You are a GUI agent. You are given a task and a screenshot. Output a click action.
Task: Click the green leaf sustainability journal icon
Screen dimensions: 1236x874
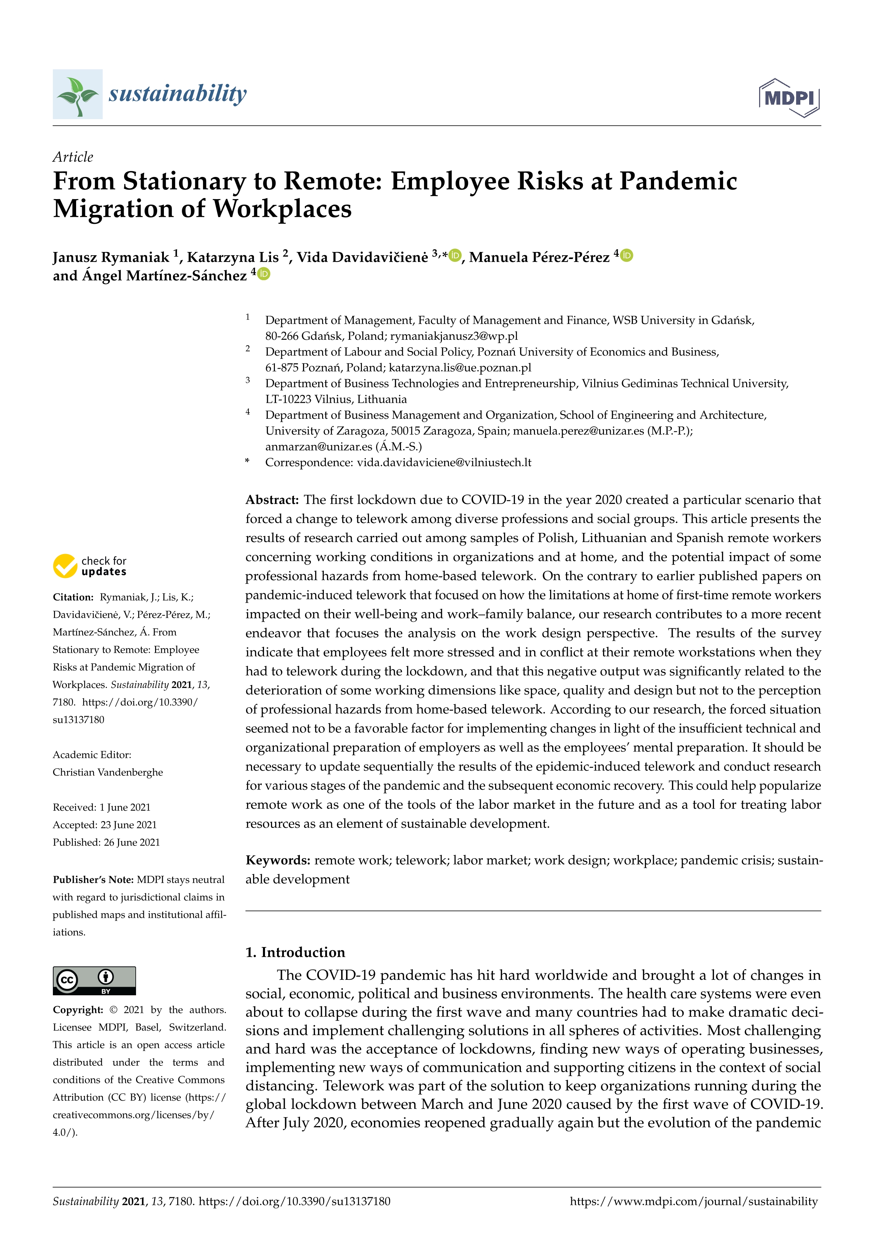click(x=78, y=94)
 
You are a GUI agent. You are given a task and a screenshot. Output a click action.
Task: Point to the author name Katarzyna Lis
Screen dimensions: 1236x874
click(x=233, y=257)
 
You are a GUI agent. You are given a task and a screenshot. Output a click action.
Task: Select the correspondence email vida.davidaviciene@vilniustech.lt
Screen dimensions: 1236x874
click(x=444, y=462)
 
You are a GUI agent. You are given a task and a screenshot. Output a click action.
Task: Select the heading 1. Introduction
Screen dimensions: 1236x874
click(x=295, y=952)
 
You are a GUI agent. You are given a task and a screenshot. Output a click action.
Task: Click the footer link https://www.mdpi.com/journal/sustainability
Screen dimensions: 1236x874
click(x=693, y=1201)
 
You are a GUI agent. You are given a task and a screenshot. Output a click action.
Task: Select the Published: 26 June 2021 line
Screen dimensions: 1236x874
click(x=106, y=842)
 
